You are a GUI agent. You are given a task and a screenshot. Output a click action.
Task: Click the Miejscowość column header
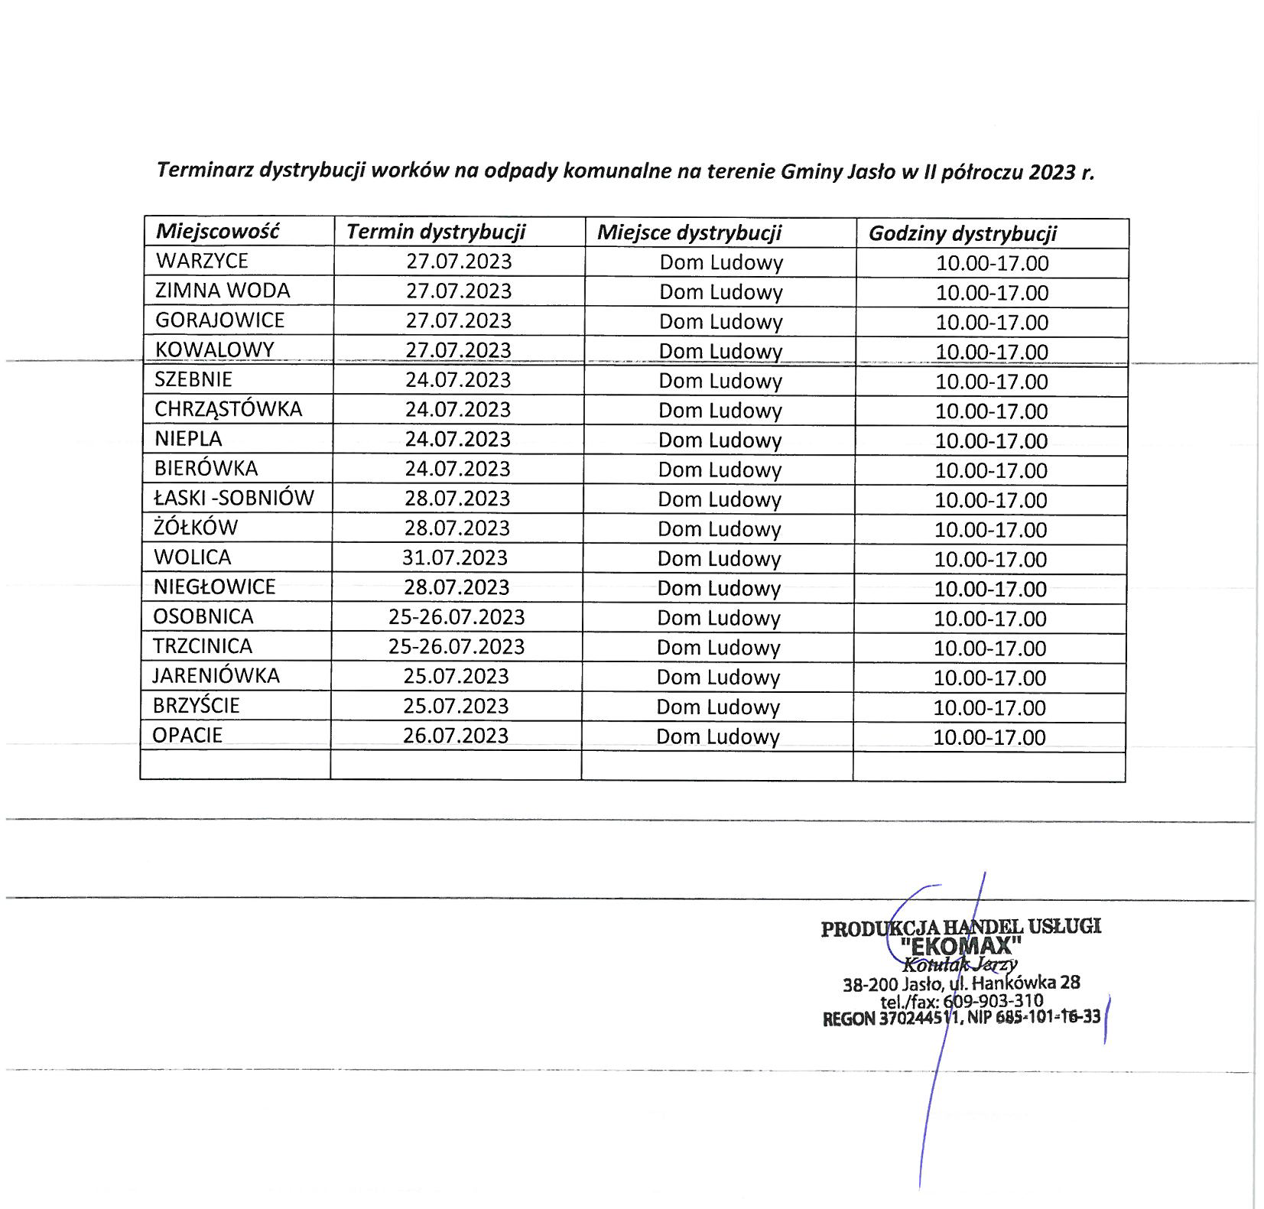coord(217,232)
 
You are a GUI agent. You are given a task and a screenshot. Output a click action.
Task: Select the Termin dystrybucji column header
coord(436,232)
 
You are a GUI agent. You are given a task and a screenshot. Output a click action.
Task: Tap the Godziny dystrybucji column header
coord(962,233)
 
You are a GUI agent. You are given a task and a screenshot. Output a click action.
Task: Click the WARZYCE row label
coord(202,261)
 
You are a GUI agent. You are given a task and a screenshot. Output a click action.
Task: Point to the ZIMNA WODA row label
coord(223,291)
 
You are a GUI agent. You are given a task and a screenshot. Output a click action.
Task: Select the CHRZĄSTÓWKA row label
coord(228,409)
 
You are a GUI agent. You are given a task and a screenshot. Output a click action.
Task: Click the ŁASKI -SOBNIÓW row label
coord(233,498)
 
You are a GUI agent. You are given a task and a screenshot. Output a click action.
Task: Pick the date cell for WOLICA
coord(455,557)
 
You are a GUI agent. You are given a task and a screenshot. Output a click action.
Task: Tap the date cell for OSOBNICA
coord(457,616)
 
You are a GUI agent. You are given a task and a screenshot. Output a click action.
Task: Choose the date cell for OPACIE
coord(456,735)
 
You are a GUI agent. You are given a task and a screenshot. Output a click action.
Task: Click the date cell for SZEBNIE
coord(457,379)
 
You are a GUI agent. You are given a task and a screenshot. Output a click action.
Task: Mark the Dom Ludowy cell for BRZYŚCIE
coord(717,707)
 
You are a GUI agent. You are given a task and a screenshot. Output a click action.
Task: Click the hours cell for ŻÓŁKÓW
coord(990,529)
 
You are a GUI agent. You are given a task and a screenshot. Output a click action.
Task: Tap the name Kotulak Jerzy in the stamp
coord(960,964)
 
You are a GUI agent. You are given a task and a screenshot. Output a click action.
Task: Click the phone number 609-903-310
coord(993,1001)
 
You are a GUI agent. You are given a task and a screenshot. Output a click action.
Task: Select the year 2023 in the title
coord(1051,172)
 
